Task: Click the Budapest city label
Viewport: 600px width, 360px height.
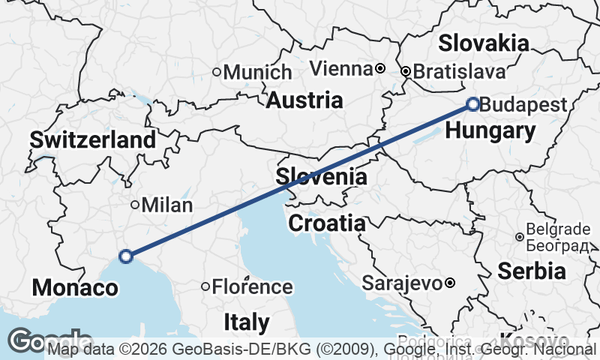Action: pyautogui.click(x=523, y=105)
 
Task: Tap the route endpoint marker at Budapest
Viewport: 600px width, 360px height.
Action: pyautogui.click(x=473, y=104)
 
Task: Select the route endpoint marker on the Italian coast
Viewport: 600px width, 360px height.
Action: pyautogui.click(x=126, y=256)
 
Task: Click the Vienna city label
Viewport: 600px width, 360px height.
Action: pyautogui.click(x=341, y=69)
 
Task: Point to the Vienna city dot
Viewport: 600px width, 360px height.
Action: pyautogui.click(x=380, y=68)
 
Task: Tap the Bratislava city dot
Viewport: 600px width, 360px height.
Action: pyautogui.click(x=406, y=72)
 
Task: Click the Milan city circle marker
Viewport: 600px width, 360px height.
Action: pyautogui.click(x=135, y=205)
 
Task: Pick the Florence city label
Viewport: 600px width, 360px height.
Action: pyautogui.click(x=252, y=286)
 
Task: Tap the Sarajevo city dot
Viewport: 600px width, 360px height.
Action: pyautogui.click(x=449, y=283)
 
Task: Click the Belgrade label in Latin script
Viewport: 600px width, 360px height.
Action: pyautogui.click(x=559, y=229)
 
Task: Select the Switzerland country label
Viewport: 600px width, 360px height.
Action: pyautogui.click(x=93, y=139)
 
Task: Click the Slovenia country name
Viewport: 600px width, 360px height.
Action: pyautogui.click(x=321, y=178)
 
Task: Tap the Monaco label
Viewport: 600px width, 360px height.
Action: pyautogui.click(x=75, y=288)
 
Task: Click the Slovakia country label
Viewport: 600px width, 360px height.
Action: pyautogui.click(x=484, y=43)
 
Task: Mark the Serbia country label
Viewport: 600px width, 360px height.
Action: pyautogui.click(x=532, y=271)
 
